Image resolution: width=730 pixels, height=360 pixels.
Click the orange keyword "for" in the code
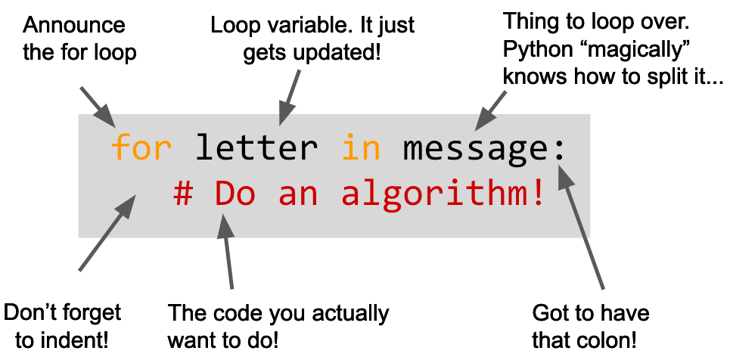pos(141,147)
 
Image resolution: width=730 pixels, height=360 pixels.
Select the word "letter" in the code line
pos(257,147)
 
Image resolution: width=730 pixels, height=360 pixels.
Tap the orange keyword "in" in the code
pos(361,147)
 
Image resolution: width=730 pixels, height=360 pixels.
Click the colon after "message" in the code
pos(559,147)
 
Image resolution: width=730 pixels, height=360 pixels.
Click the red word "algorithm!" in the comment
pos(443,194)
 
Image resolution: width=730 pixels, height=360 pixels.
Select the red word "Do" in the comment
pos(235,194)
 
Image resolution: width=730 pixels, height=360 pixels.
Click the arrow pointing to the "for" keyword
pos(98,107)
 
